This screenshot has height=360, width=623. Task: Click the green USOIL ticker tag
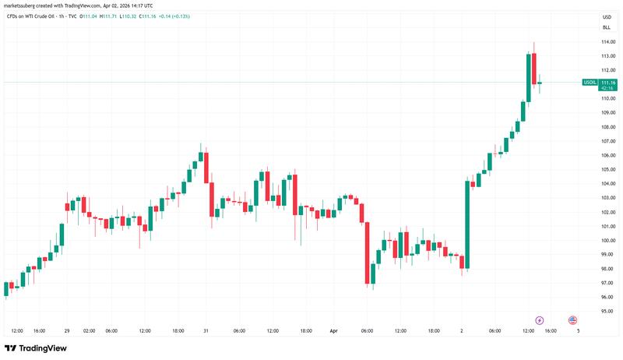tap(590, 82)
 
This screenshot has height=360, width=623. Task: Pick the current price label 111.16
tap(608, 82)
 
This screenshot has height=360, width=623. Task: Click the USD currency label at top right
tap(606, 16)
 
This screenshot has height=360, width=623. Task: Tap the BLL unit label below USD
tap(606, 26)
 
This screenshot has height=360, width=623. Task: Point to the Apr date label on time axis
tap(333, 330)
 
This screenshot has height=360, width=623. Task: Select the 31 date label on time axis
tap(205, 330)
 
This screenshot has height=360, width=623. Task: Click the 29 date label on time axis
tap(67, 330)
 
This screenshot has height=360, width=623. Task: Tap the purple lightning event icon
tap(540, 320)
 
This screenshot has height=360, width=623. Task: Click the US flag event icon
tap(572, 320)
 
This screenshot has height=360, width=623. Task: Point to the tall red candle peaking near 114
tap(534, 68)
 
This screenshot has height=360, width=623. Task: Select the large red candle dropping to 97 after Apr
tap(366, 251)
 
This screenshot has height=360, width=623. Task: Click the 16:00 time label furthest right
tap(550, 330)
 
